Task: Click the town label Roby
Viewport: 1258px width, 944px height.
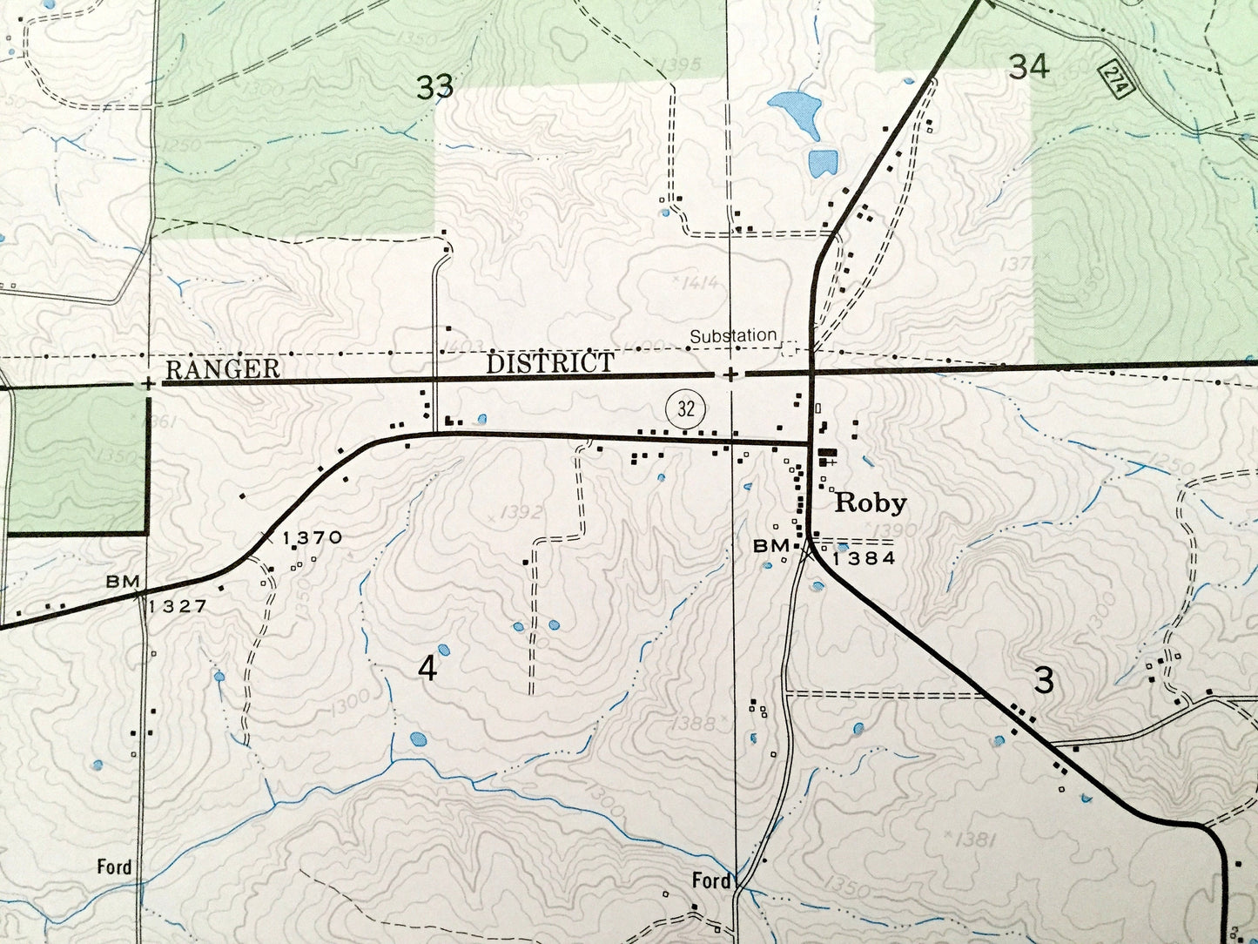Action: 871,503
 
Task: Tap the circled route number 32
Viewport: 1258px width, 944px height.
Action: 686,408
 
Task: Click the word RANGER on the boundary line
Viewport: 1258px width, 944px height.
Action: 223,369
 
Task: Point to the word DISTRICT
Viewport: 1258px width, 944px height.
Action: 549,363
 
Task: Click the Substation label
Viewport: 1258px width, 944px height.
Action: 733,335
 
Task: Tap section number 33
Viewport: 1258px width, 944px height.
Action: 434,87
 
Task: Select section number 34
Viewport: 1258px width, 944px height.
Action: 1028,67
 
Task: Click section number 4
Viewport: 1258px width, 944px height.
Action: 427,669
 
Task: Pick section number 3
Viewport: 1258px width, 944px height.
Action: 1044,681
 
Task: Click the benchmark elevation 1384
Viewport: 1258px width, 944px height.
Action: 864,559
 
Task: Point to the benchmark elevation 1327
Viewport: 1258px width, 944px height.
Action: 177,606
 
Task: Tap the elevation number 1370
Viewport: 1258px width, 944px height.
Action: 312,538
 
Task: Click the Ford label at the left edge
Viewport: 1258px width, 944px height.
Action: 114,866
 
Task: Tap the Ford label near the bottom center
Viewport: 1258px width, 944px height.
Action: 710,881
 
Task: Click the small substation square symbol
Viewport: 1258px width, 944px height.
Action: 790,349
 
